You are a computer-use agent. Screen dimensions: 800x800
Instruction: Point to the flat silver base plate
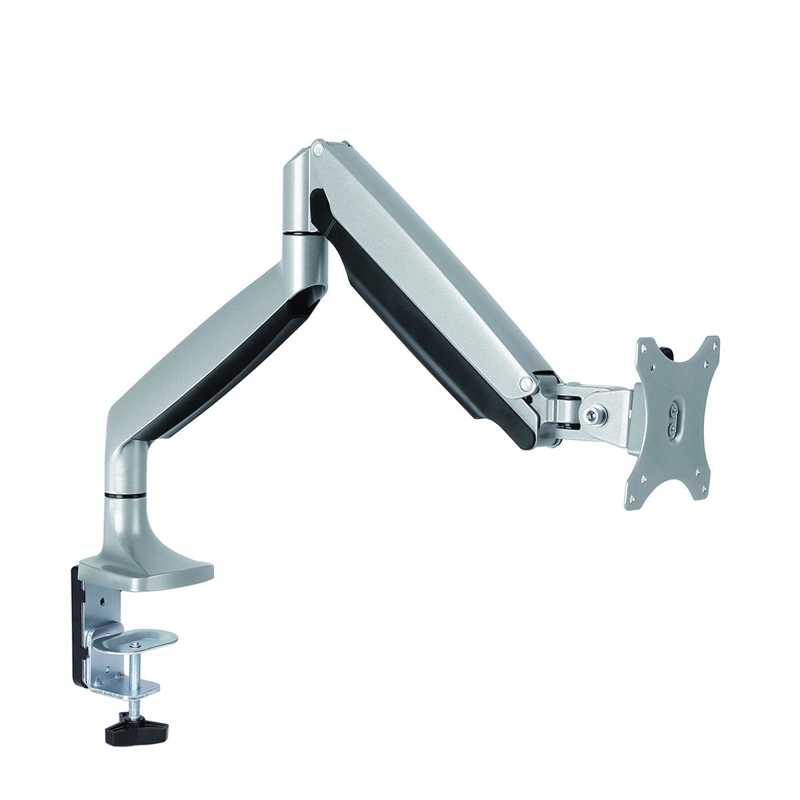pyautogui.click(x=167, y=574)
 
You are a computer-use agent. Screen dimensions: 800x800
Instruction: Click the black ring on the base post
pyautogui.click(x=125, y=495)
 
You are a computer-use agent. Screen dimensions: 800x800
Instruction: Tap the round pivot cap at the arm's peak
pyautogui.click(x=318, y=147)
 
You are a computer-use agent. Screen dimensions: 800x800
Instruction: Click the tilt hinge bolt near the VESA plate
pyautogui.click(x=591, y=414)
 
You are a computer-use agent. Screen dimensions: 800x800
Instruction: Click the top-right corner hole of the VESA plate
pyautogui.click(x=715, y=345)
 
